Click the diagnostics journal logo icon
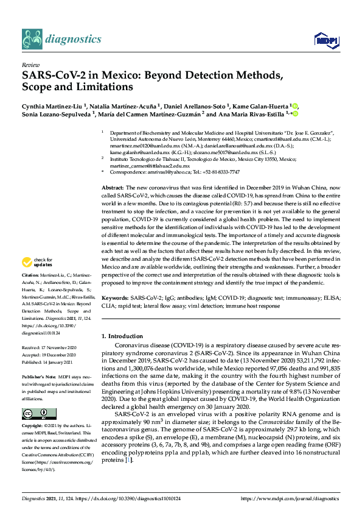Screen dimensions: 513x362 point(32,39)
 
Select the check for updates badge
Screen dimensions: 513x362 point(38,280)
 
